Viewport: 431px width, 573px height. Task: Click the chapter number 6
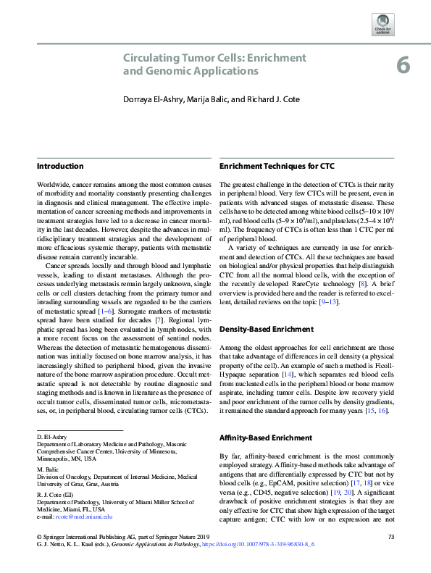[403, 66]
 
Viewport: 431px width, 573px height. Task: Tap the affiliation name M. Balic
[47, 469]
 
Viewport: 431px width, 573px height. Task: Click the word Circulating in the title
[151, 57]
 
